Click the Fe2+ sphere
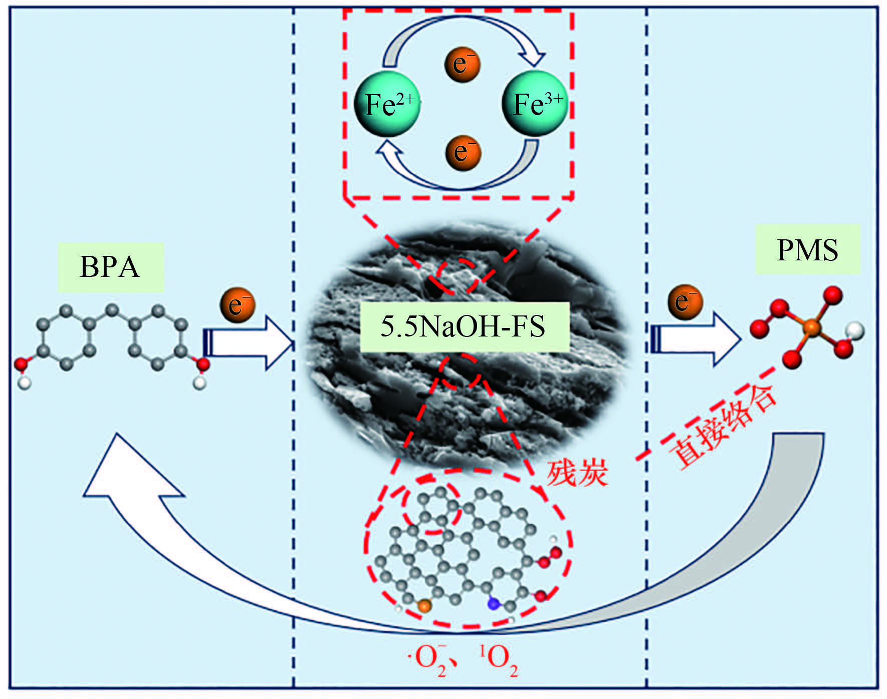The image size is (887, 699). tap(387, 104)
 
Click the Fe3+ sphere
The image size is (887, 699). tap(535, 104)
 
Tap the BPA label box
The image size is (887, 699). tap(111, 267)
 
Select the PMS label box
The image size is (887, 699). tap(807, 249)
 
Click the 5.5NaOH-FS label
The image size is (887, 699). tap(464, 326)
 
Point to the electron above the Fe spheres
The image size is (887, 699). tap(462, 64)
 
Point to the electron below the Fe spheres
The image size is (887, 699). tap(463, 152)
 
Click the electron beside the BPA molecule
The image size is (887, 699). tap(238, 304)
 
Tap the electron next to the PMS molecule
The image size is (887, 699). tap(685, 302)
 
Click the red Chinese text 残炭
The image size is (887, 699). tap(577, 472)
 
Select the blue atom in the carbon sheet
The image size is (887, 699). tap(494, 604)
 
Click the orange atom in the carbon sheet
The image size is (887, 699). tap(424, 606)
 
